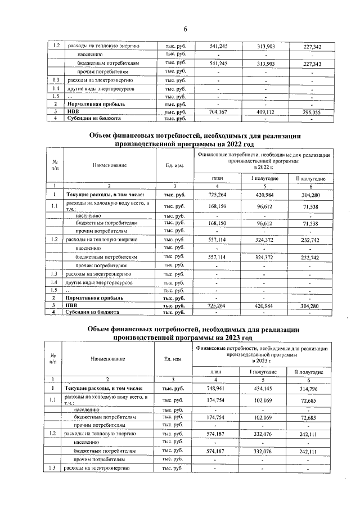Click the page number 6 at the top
coord(184,29)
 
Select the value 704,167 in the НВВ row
coord(217,112)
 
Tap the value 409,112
coord(264,112)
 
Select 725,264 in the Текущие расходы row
coord(217,195)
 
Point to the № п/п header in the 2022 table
coord(55,165)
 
